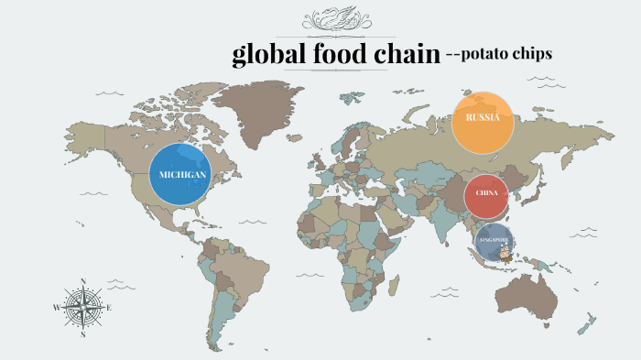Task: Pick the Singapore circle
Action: click(x=495, y=242)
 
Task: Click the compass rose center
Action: click(x=83, y=308)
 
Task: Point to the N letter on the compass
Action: click(x=83, y=281)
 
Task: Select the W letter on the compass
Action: click(x=57, y=308)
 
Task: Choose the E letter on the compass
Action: click(x=110, y=308)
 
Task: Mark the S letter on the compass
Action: click(x=83, y=335)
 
